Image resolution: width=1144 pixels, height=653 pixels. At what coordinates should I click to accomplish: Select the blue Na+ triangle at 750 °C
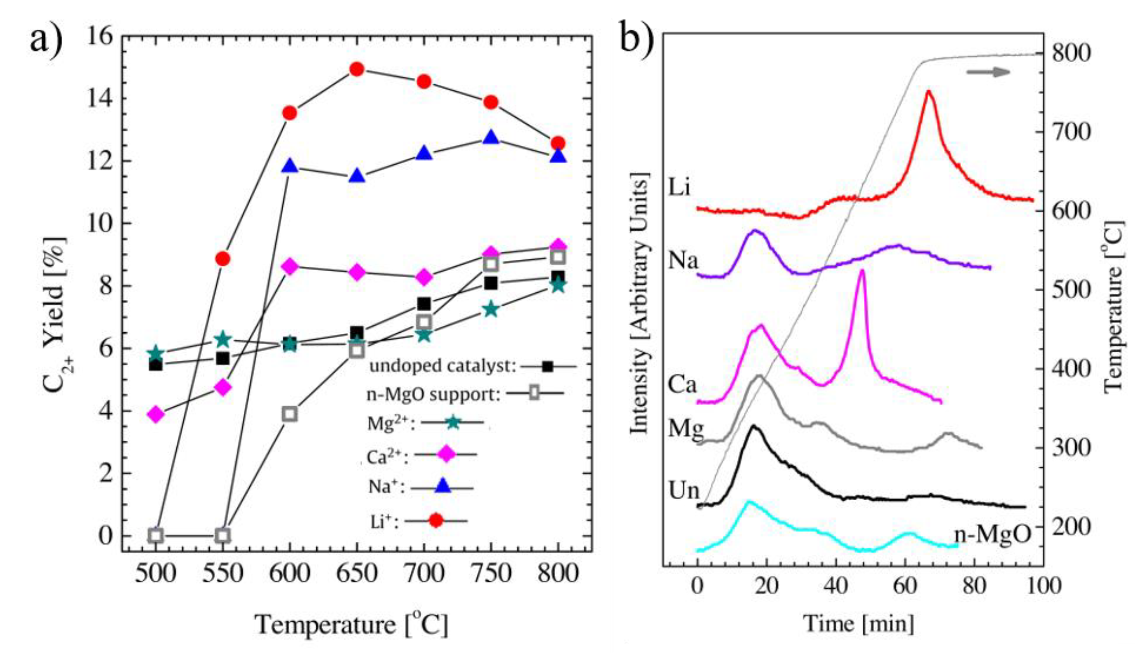pyautogui.click(x=491, y=138)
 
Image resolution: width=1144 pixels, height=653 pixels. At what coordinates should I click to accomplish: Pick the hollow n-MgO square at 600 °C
pyautogui.click(x=290, y=413)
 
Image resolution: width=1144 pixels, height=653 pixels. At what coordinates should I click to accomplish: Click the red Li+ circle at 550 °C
pyautogui.click(x=222, y=259)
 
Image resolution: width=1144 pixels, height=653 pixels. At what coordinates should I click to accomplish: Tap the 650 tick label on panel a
pyautogui.click(x=357, y=573)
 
